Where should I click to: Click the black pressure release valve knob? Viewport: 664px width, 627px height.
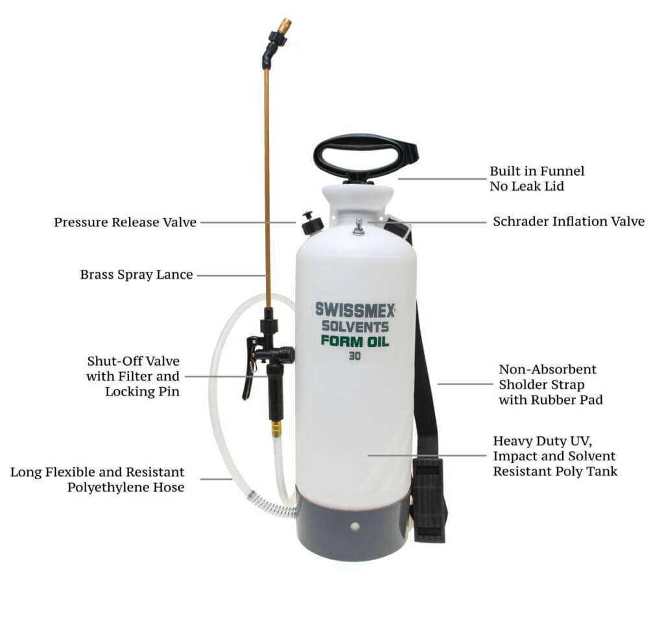312,222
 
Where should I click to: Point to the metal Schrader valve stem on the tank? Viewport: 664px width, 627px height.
359,226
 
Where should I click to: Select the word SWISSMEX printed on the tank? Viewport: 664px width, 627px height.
355,309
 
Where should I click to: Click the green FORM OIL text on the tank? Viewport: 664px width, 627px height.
355,341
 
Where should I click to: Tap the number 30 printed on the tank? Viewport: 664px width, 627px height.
355,357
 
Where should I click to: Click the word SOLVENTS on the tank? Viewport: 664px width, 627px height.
355,326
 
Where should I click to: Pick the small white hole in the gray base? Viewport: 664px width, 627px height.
355,526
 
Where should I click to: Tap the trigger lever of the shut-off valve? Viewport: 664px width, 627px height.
250,368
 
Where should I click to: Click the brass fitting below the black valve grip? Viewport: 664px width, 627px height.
276,429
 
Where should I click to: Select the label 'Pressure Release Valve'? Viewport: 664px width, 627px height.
125,222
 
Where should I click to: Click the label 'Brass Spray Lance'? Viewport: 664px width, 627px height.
136,275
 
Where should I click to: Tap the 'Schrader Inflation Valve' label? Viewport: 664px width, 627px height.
569,221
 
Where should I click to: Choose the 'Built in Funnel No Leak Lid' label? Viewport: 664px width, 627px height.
537,179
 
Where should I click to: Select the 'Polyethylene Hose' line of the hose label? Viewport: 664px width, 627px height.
126,488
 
